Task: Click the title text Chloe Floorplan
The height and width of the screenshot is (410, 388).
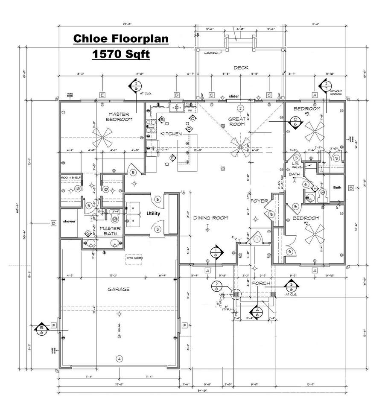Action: click(x=121, y=39)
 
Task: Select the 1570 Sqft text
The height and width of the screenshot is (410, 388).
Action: click(x=121, y=54)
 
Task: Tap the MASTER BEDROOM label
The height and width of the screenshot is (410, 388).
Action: click(x=120, y=117)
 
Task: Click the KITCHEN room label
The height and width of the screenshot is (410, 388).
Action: click(x=171, y=134)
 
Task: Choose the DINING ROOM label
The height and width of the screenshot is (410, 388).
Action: click(x=210, y=218)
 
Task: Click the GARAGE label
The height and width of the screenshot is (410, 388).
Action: click(x=119, y=289)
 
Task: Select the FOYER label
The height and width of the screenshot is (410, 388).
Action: click(x=259, y=200)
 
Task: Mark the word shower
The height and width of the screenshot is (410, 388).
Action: click(x=70, y=221)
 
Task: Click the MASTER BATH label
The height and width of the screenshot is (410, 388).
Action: click(x=110, y=231)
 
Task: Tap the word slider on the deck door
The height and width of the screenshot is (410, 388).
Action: click(x=234, y=96)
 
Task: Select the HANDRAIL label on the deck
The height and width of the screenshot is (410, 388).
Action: click(x=212, y=53)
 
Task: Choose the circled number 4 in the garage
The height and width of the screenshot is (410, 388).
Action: click(x=120, y=358)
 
